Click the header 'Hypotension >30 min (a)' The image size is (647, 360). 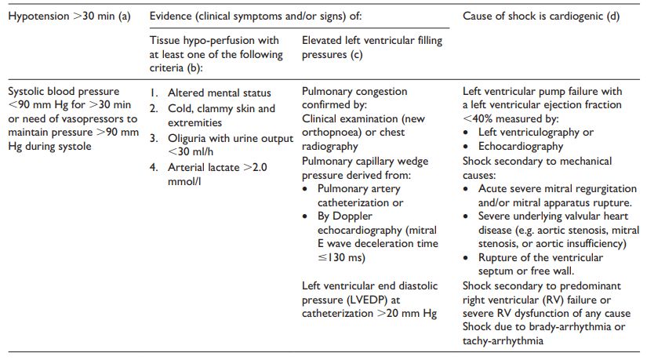(69, 16)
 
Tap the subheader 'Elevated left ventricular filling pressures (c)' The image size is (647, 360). (372, 47)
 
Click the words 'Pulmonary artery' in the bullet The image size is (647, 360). (358, 189)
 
